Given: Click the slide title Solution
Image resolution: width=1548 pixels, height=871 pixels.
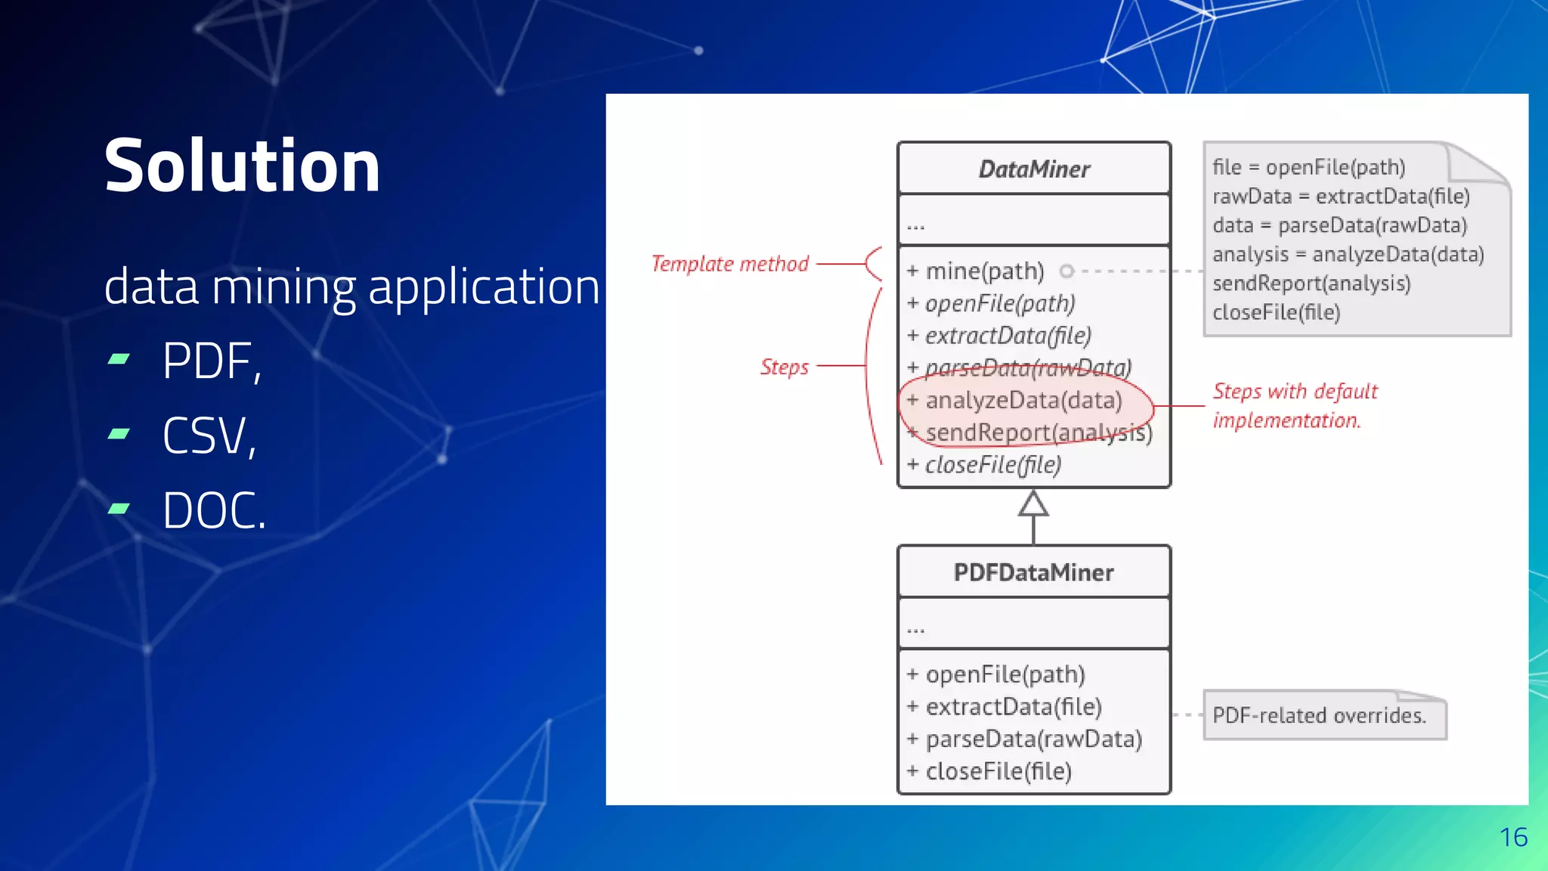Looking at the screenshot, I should (242, 166).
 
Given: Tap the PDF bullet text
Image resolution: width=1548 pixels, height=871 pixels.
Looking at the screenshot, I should (212, 361).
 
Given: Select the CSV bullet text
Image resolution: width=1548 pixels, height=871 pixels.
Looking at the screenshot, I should (209, 436).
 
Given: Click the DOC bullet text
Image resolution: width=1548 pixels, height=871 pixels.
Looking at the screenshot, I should (214, 511).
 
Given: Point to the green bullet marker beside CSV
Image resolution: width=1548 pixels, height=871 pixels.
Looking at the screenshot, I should (119, 434).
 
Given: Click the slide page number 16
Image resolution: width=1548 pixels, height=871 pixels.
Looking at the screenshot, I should (1513, 838).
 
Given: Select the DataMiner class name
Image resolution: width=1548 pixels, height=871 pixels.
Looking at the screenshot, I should (1034, 169).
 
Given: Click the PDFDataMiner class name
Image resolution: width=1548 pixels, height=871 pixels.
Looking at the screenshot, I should (1033, 572).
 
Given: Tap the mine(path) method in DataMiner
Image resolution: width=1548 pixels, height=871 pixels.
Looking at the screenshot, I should (984, 271).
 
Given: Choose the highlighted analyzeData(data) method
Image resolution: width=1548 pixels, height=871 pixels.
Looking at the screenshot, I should (1023, 400).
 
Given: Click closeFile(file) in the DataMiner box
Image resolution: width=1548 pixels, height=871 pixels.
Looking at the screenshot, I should (992, 464).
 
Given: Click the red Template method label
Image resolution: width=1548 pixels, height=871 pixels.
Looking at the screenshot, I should (729, 264).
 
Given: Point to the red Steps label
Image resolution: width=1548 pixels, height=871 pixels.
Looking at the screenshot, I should (784, 367).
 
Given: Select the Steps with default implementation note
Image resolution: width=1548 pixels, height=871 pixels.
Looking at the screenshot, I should (1294, 406).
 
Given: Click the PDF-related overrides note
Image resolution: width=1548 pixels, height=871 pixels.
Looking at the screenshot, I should (1319, 715).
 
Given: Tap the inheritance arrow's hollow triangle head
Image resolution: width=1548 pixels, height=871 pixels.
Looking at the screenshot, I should (1033, 504).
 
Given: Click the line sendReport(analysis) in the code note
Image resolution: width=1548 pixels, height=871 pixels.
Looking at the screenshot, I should (1311, 284).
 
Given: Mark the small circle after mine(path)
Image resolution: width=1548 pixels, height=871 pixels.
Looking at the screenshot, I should (1067, 271).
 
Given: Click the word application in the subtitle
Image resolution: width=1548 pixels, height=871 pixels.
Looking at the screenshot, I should (484, 287).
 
